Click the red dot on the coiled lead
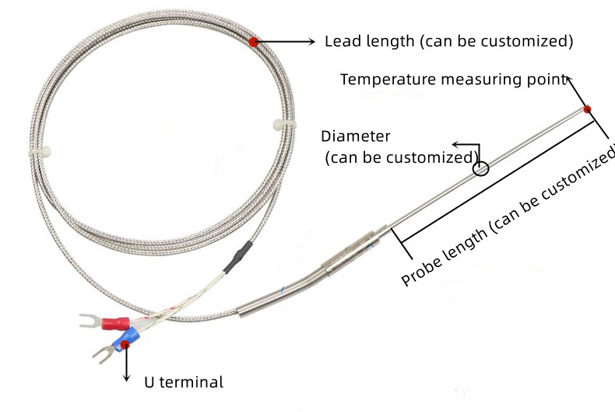254,42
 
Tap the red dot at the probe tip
587,109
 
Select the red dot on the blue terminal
125,344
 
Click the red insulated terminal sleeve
116,323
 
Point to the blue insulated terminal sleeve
126,340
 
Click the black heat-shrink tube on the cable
238,256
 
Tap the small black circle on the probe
480,169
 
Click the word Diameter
356,136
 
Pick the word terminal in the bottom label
192,382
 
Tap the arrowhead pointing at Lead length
311,41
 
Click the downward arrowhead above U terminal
126,378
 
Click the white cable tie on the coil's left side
40,152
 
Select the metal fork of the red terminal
90,321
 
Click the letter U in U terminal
149,382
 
